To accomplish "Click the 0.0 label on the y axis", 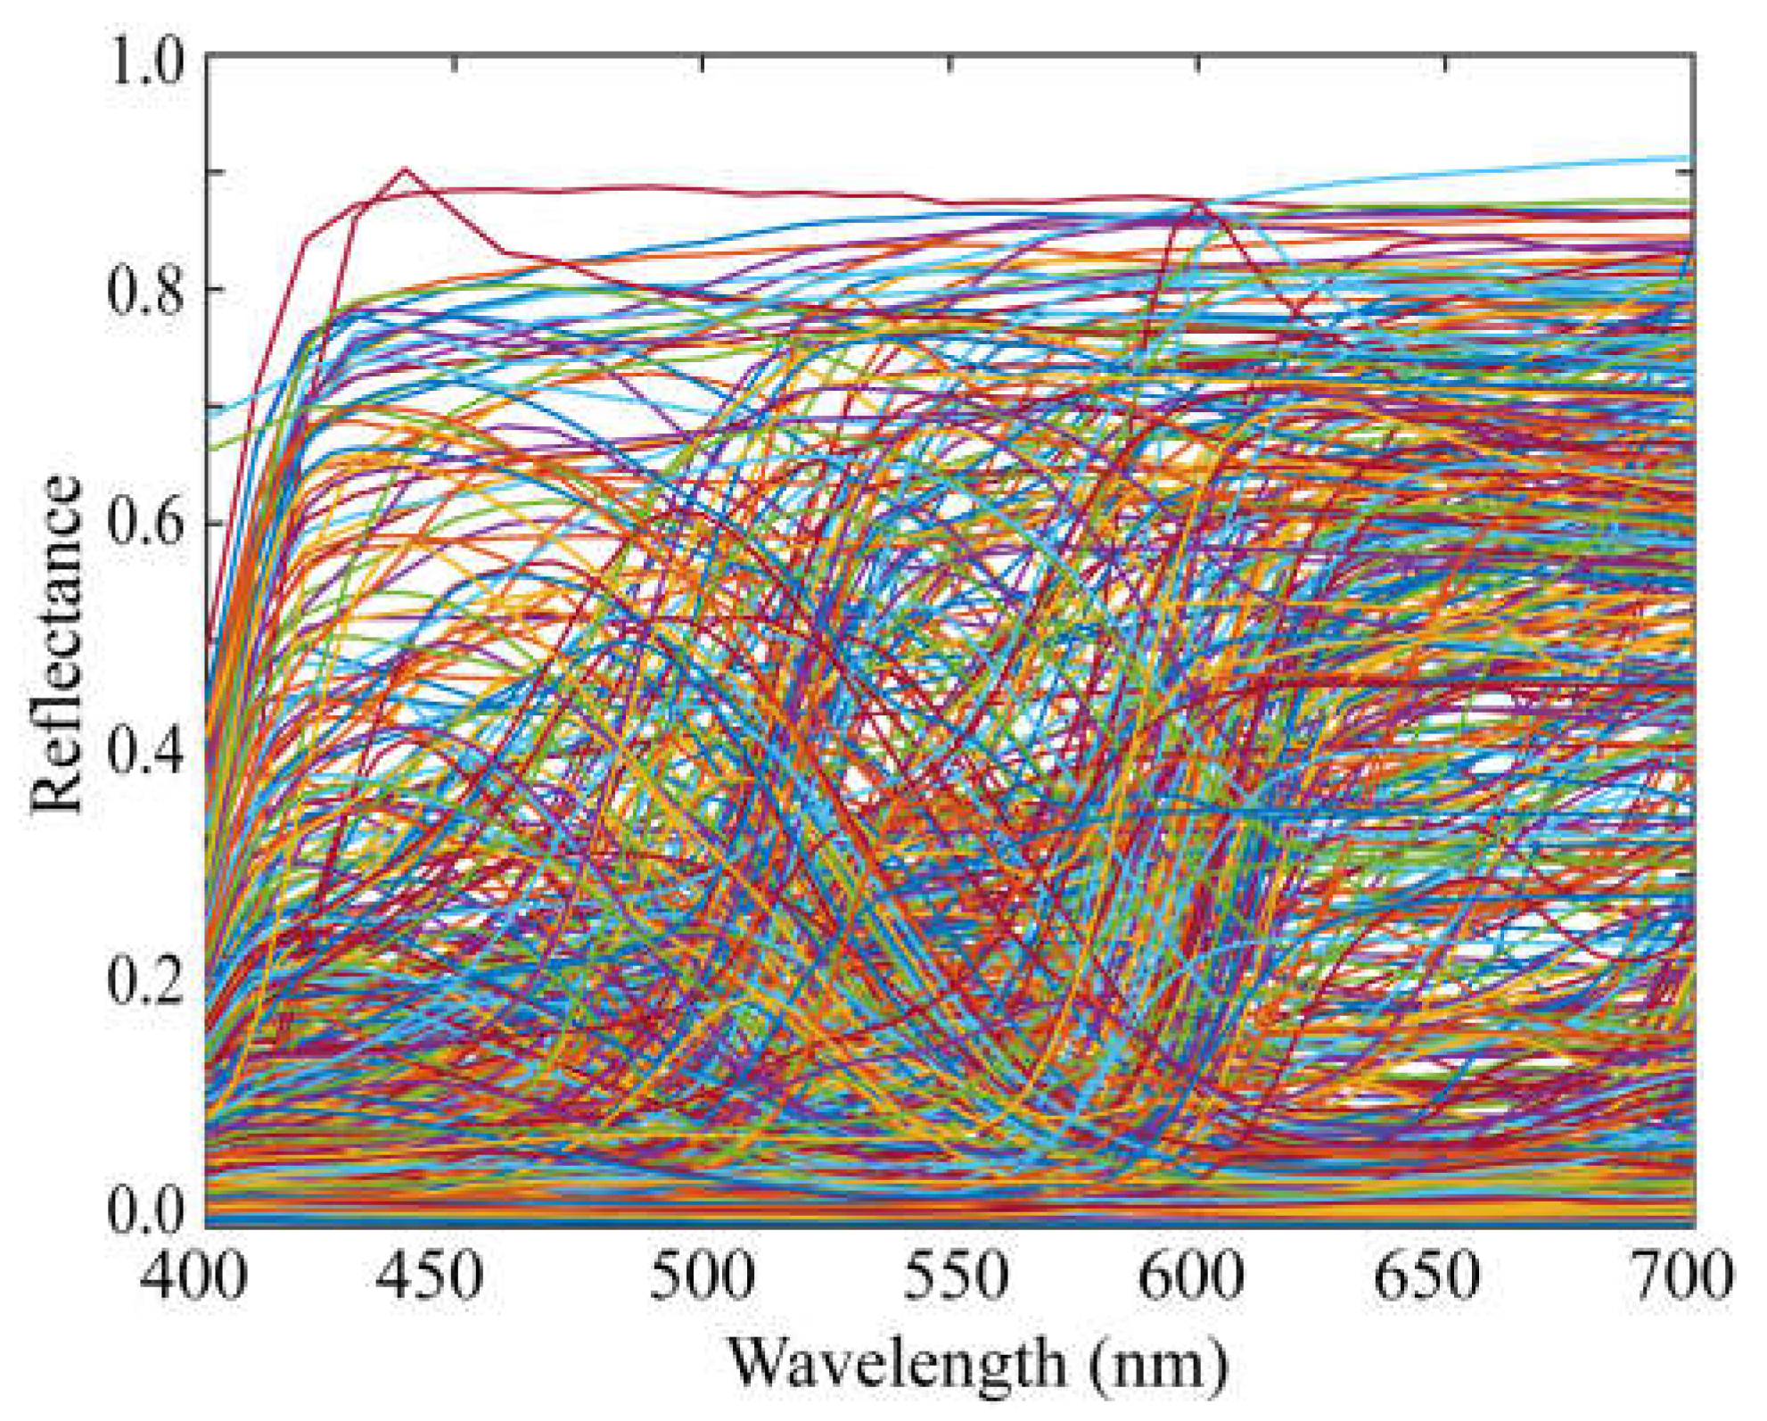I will (144, 1210).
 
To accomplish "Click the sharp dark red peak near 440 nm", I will (405, 168).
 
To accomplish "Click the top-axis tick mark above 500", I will (703, 62).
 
